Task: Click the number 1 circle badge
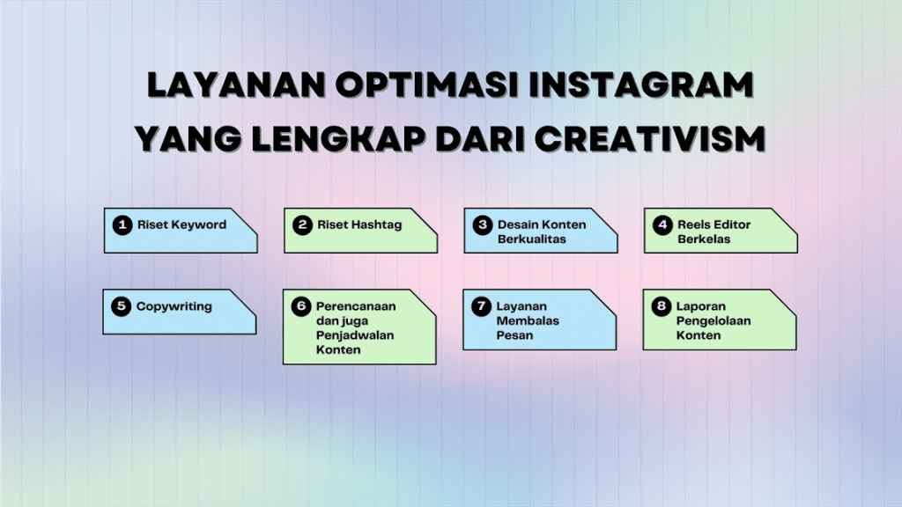pos(122,225)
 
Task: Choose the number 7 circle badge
pos(481,306)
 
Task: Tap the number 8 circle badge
pos(662,306)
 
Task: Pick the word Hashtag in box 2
pos(373,225)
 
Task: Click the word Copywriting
pos(174,307)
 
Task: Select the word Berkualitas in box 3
pos(529,239)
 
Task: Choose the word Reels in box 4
pos(693,225)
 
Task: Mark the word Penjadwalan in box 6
pos(354,335)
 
